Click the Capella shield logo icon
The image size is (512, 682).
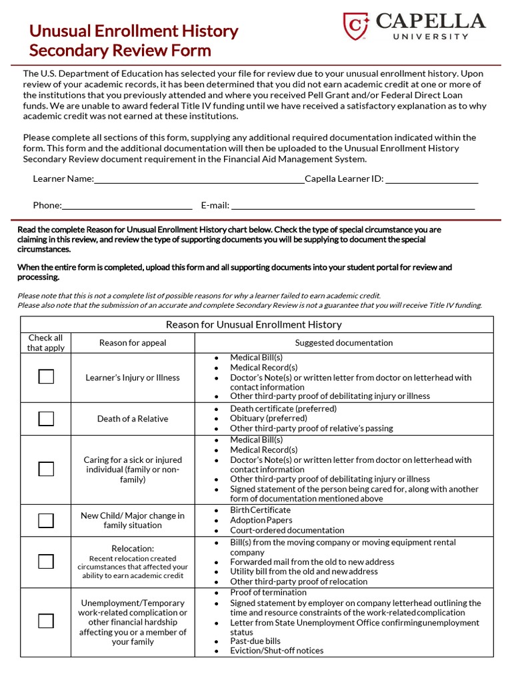tap(356, 26)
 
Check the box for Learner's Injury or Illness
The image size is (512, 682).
tap(46, 377)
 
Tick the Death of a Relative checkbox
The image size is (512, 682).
tap(46, 418)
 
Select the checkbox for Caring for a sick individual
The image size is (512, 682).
tap(46, 469)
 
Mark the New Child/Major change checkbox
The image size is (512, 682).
tap(46, 520)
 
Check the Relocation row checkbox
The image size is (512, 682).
tap(46, 561)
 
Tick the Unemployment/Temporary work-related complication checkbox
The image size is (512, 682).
tap(46, 621)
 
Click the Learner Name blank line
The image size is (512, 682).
tap(199, 179)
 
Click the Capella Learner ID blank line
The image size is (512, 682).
tap(431, 179)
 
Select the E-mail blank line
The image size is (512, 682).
tap(353, 206)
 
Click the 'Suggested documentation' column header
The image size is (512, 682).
tap(344, 343)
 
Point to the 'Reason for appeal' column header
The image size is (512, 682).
tap(133, 343)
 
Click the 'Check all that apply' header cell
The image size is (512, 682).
tap(46, 343)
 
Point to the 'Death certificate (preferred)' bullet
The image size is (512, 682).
tap(283, 409)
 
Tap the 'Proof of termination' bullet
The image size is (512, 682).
tap(269, 593)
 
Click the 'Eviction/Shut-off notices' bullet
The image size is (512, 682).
tap(277, 651)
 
